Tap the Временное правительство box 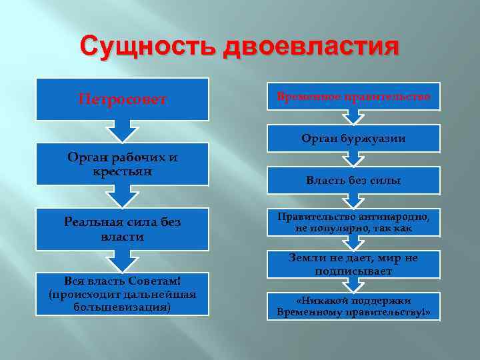[353, 97]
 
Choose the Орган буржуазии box [353, 138]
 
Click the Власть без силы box [353, 180]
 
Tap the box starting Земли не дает [353, 264]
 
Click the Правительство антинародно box [353, 222]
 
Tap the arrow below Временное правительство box [353, 117]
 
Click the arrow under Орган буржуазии [353, 159]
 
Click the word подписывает [354, 271]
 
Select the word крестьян [123, 171]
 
